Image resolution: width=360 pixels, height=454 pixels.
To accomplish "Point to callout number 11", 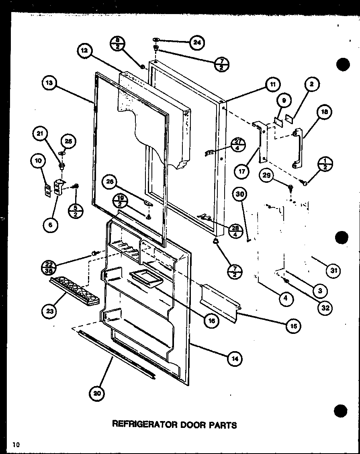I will coord(273,85).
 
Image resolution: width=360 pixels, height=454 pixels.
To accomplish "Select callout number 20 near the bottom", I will coord(96,393).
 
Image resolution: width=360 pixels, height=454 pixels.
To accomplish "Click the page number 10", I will coord(16,444).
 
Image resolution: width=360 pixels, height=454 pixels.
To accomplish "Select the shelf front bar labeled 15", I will coord(219,299).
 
